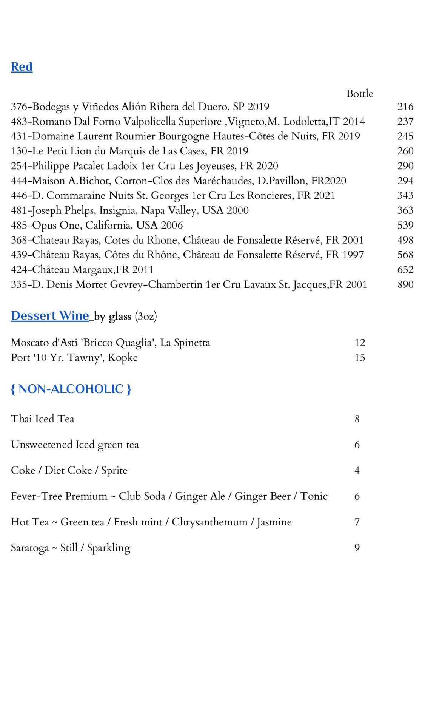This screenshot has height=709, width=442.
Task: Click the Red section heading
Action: coord(22,67)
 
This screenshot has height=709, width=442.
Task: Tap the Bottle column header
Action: coord(359,94)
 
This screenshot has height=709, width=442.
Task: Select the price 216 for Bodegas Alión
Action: coord(405,107)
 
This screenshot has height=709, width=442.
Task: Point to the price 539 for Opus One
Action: coord(405,225)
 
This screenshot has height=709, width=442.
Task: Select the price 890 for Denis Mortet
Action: coord(405,284)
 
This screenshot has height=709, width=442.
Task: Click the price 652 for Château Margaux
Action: coord(405,270)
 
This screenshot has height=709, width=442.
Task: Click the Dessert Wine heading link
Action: coord(50,316)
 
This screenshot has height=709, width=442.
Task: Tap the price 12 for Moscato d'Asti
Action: coord(359,343)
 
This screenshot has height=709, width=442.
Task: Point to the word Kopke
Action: coord(123,358)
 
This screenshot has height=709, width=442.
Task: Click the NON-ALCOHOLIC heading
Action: coord(71,389)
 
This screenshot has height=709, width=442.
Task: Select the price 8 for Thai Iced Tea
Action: coord(357,419)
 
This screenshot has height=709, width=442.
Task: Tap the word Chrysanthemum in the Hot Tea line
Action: coord(209,522)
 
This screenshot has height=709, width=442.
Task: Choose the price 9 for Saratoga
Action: coord(357,548)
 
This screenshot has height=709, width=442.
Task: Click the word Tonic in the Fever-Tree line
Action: coord(314,496)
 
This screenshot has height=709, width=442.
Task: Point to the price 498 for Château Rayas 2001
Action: coord(405,240)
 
